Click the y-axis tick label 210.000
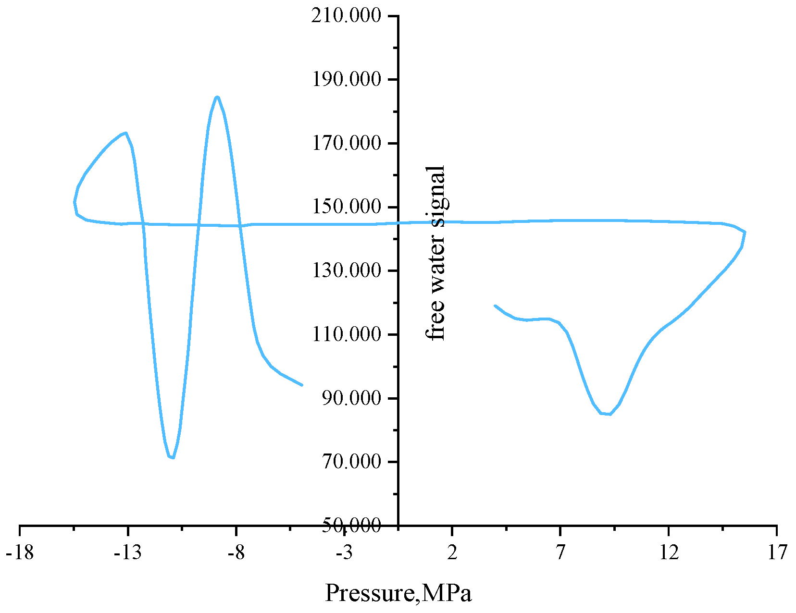(x=347, y=16)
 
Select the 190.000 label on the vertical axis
(x=347, y=79)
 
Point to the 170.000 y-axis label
(x=347, y=143)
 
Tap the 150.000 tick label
(x=347, y=207)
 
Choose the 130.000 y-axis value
(x=347, y=270)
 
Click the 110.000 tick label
(x=347, y=334)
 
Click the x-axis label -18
(x=20, y=553)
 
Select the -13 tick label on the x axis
(x=128, y=553)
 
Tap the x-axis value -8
(x=236, y=553)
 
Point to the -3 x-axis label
(x=344, y=553)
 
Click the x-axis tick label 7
(x=560, y=553)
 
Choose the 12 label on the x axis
(x=669, y=553)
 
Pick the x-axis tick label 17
(x=777, y=553)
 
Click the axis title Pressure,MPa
(x=398, y=593)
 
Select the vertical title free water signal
(x=436, y=253)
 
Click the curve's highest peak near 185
(x=217, y=97)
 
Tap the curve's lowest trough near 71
(x=172, y=457)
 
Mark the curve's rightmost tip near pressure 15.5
(x=745, y=232)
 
